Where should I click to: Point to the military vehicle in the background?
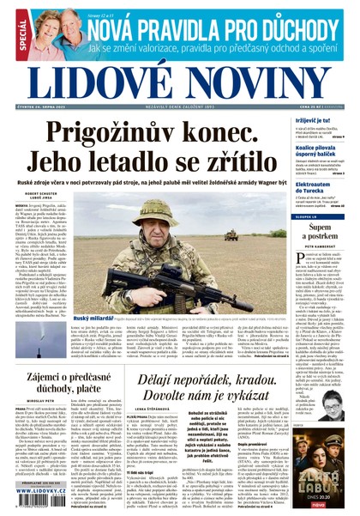[231, 234]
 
